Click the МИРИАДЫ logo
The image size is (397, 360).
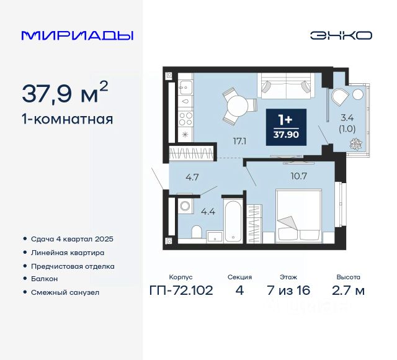point(77,35)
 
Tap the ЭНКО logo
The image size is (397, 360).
point(341,35)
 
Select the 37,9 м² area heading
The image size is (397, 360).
point(65,93)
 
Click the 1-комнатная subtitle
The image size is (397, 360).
point(68,119)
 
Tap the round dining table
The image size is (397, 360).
point(236,105)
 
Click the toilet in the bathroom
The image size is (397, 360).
point(196,233)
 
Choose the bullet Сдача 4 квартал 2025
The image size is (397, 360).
point(72,239)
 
